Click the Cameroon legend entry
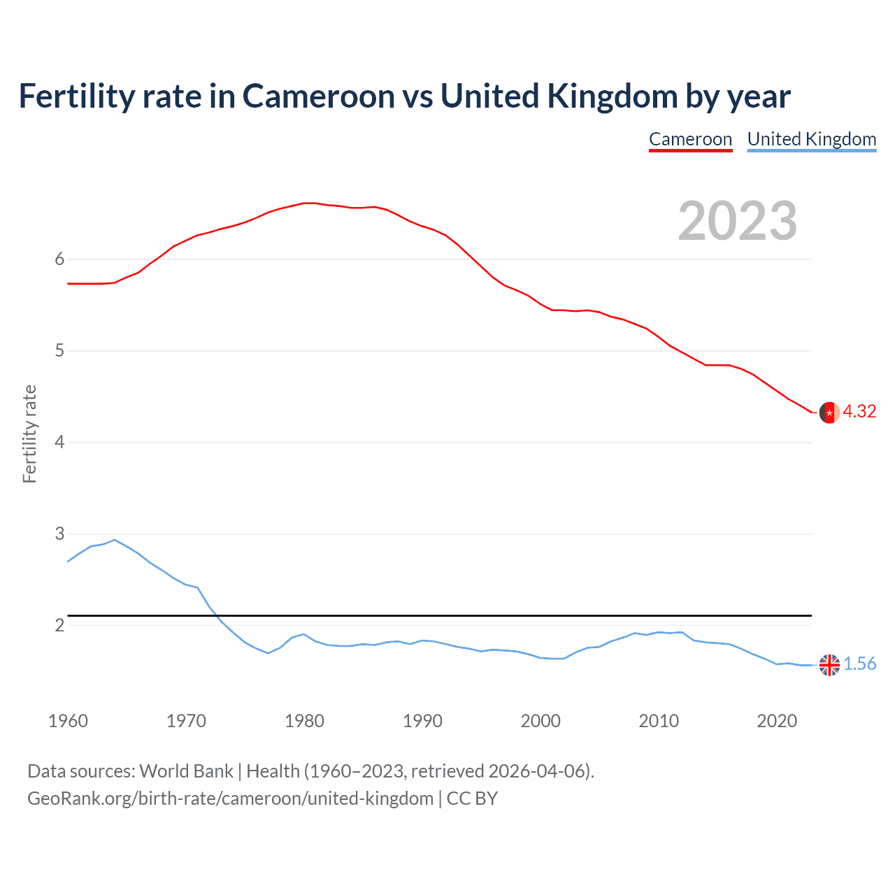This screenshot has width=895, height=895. pyautogui.click(x=690, y=139)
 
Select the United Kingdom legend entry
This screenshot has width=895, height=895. pyautogui.click(x=811, y=139)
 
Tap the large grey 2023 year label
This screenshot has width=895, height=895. pyautogui.click(x=737, y=221)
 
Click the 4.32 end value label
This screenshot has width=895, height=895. pyautogui.click(x=859, y=412)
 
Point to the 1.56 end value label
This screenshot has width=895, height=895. pyautogui.click(x=859, y=664)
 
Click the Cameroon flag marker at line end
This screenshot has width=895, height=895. pyautogui.click(x=829, y=413)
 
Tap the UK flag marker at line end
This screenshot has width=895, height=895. pyautogui.click(x=829, y=665)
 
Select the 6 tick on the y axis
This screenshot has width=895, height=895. pyautogui.click(x=59, y=259)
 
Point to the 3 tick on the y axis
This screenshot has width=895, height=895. pyautogui.click(x=59, y=534)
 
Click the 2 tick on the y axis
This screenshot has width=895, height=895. pyautogui.click(x=59, y=625)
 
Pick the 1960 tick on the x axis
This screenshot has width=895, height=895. pyautogui.click(x=68, y=721)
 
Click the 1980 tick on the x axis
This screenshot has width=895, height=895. pyautogui.click(x=304, y=721)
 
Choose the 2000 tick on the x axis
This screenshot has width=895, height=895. pyautogui.click(x=540, y=721)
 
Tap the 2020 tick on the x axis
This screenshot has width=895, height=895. pyautogui.click(x=777, y=721)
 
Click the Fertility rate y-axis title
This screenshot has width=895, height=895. pyautogui.click(x=29, y=434)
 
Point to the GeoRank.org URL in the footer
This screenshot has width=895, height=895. pyautogui.click(x=230, y=799)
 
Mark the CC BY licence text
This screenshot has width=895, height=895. pyautogui.click(x=472, y=799)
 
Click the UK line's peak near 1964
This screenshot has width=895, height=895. pyautogui.click(x=115, y=540)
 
